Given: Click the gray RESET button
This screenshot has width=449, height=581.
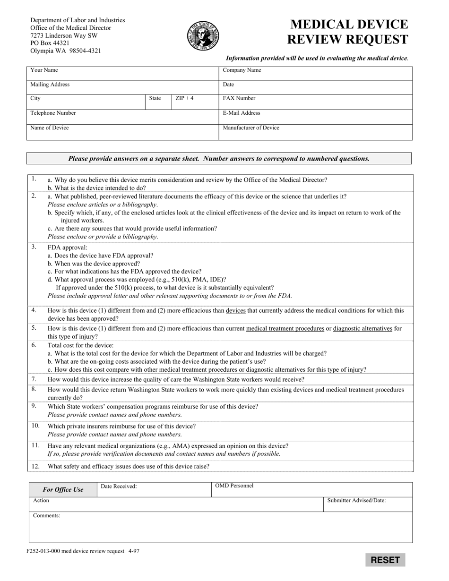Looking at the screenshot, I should pyautogui.click(x=385, y=560).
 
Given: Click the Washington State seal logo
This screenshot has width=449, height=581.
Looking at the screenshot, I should pyautogui.click(x=203, y=36).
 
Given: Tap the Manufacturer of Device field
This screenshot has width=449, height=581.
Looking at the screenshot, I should pyautogui.click(x=315, y=132).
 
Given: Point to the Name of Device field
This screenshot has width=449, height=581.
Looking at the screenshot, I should pyautogui.click(x=122, y=132).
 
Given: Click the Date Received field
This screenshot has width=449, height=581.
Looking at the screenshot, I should pyautogui.click(x=154, y=489).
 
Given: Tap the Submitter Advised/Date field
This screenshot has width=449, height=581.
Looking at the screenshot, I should pyautogui.click(x=368, y=504).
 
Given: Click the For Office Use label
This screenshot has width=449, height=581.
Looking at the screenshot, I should pyautogui.click(x=63, y=490).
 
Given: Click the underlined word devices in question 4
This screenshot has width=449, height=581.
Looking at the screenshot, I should pyautogui.click(x=236, y=311).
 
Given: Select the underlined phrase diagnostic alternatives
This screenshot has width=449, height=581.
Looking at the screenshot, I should pyautogui.click(x=363, y=328).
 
